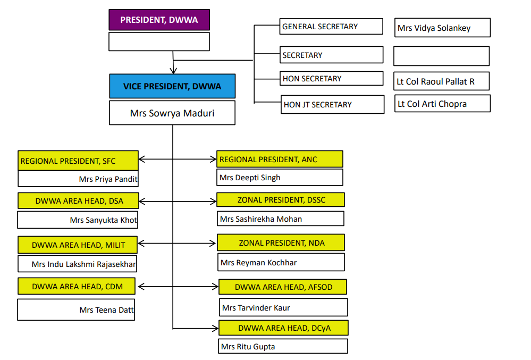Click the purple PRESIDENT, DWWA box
pos(159,20)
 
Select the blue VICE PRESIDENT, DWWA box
pos(172,86)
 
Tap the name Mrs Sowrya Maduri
pos(172,113)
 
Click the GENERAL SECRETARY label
pos(320,27)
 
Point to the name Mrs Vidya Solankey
pos(434,28)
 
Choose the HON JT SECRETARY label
pos(318,105)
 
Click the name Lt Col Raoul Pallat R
pos(435,82)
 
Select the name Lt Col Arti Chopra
pos(432,104)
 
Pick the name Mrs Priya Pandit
pos(108,179)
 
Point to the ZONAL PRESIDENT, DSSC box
pos(281,200)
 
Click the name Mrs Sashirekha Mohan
pos(261,219)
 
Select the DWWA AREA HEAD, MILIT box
pos(78,245)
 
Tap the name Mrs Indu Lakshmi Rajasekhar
pos(83,264)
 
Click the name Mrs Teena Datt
pos(106,310)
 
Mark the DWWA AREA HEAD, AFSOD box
pos(283,287)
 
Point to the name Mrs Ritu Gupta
pos(248,347)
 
